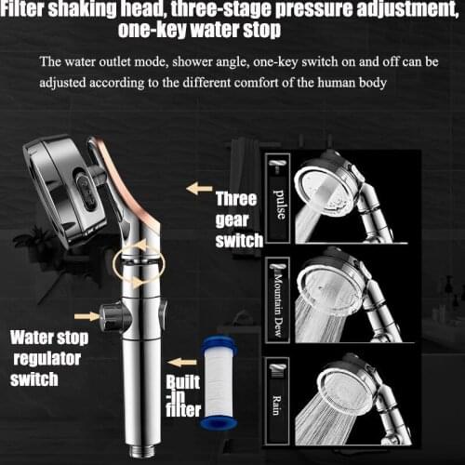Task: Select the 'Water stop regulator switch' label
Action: [x=46, y=358]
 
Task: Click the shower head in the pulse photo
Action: [x=325, y=182]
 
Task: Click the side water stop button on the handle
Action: [x=114, y=316]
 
